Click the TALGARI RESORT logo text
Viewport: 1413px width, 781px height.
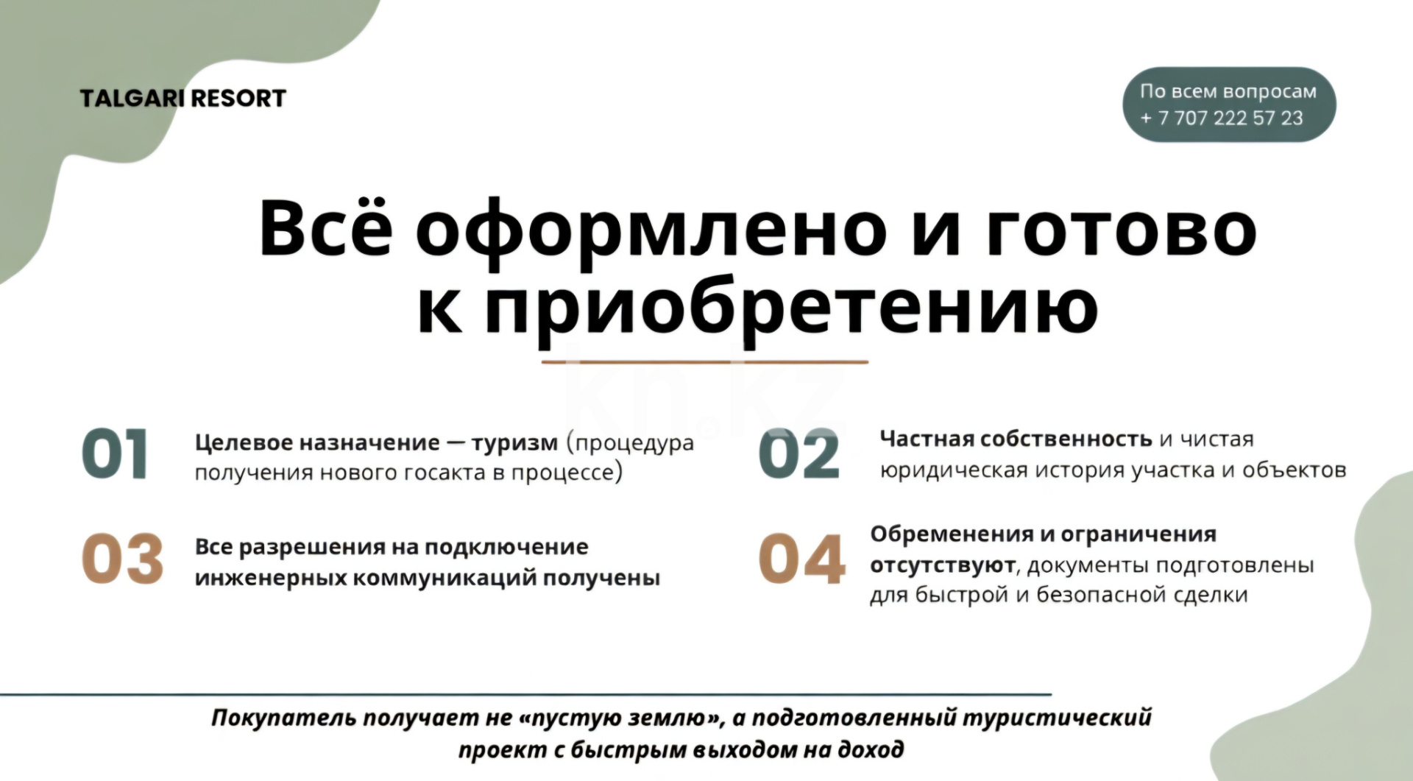(x=183, y=98)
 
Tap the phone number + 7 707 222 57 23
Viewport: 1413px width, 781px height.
(x=1222, y=118)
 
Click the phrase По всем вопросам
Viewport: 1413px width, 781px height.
(x=1228, y=91)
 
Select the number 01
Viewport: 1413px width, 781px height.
(x=115, y=455)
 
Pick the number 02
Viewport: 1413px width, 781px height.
(x=799, y=455)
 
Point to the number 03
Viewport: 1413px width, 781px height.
(x=122, y=559)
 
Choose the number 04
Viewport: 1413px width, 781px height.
(x=801, y=559)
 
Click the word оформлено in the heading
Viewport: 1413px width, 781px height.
(x=651, y=230)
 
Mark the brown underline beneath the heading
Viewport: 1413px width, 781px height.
(x=704, y=362)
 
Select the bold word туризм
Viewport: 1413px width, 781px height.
(x=514, y=442)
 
